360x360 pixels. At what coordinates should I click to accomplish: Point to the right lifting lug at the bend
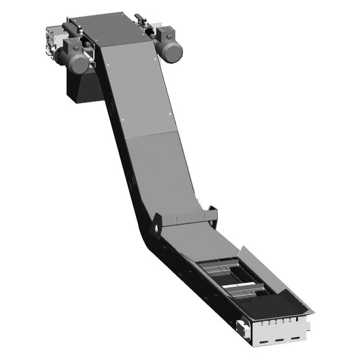click(x=213, y=213)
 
